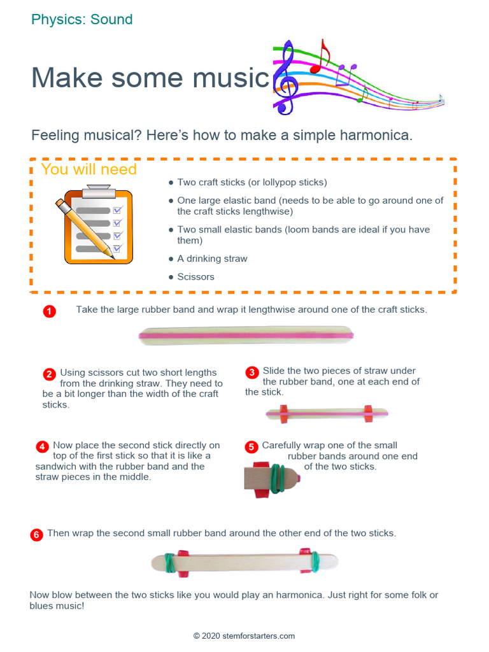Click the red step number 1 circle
click(x=50, y=311)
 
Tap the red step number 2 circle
click(x=49, y=374)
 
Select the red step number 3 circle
click(x=252, y=372)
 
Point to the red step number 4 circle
click(x=42, y=446)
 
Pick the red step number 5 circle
click(x=251, y=447)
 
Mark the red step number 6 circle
click(x=36, y=535)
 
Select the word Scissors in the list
click(x=196, y=277)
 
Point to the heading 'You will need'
click(x=89, y=169)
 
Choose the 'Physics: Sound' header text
click(x=82, y=20)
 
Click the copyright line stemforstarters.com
click(x=244, y=636)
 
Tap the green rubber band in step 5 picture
click(x=277, y=478)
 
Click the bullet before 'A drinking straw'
click(x=171, y=259)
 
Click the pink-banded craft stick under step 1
click(x=246, y=336)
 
